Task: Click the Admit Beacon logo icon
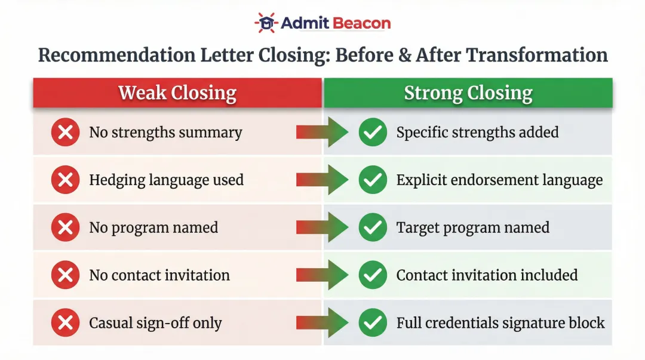tap(266, 23)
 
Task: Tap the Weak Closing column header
tap(177, 93)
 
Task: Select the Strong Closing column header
tap(468, 93)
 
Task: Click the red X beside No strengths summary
tap(65, 132)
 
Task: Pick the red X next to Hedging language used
tap(65, 180)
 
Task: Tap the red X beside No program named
tap(65, 227)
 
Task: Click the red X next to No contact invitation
tap(65, 275)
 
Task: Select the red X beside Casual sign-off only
tap(65, 323)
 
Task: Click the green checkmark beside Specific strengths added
tap(373, 132)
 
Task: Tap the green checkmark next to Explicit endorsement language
tap(373, 180)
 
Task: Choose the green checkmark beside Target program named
tap(373, 227)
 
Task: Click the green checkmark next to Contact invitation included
tap(373, 275)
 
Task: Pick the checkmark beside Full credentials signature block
tap(373, 323)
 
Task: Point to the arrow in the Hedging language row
tap(322, 180)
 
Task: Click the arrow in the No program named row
tap(322, 227)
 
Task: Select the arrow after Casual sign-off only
tap(322, 323)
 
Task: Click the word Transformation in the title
tap(536, 55)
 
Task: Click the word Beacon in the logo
tap(362, 23)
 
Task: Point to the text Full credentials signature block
tap(500, 323)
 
